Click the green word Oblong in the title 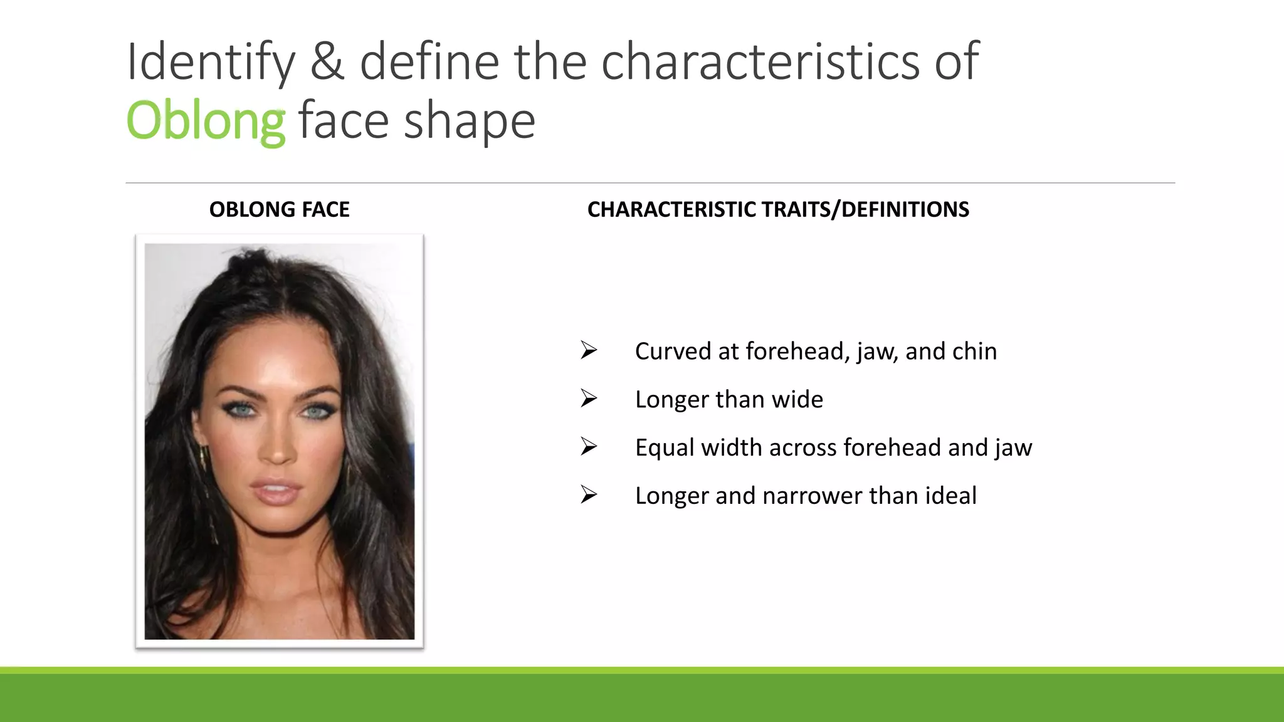tap(206, 120)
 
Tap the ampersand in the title tap(327, 61)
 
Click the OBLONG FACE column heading tap(279, 209)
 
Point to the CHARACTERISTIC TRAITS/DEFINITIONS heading tap(778, 209)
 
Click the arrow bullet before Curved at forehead tap(588, 350)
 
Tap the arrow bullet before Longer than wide tap(588, 399)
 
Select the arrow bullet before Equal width tap(588, 447)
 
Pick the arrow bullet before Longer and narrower tap(588, 495)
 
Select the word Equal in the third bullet tap(665, 448)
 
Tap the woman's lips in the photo tap(276, 491)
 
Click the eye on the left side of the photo tap(242, 411)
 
